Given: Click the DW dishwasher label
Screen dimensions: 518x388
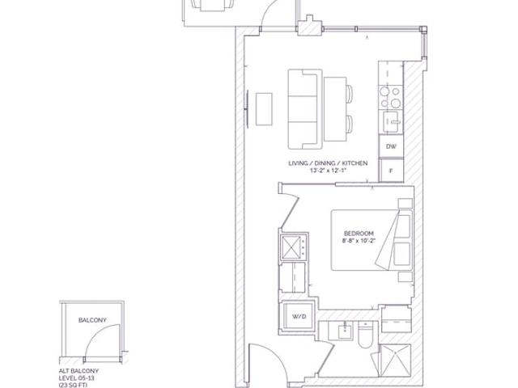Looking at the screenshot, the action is [391, 146].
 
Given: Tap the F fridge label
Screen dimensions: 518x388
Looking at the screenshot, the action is [391, 171].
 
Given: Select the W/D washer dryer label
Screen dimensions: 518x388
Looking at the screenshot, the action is [299, 317].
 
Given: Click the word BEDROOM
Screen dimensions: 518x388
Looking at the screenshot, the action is [359, 234].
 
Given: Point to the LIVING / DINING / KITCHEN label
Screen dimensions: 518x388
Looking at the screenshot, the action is [328, 163].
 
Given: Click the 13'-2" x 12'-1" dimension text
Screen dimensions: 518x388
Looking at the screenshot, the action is [328, 171].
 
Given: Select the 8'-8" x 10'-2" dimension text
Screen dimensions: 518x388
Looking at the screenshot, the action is [359, 241].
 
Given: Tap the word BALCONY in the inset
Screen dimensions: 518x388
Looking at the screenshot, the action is [92, 320].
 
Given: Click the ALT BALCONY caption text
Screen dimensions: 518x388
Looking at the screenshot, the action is [79, 371].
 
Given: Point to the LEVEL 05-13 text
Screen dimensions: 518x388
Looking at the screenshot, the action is [77, 378].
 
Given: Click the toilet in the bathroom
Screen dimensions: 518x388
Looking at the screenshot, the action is [365, 335].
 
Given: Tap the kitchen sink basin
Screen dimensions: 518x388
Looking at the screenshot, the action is [392, 121].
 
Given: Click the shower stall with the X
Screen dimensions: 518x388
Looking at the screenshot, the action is [396, 361].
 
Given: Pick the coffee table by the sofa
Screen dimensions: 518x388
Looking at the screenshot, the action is [264, 109].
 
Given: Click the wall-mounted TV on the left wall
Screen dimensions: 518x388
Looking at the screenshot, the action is [248, 109].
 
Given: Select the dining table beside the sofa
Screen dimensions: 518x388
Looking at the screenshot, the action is [335, 109].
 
